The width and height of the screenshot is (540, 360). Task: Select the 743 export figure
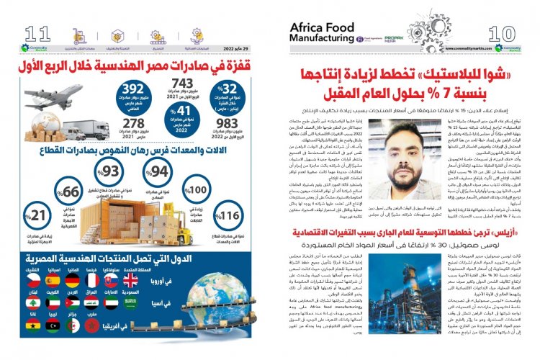pyautogui.click(x=183, y=84)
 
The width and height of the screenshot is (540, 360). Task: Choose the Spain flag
pyautogui.click(x=51, y=280)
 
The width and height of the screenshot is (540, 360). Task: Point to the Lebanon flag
pyautogui.click(x=32, y=303)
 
